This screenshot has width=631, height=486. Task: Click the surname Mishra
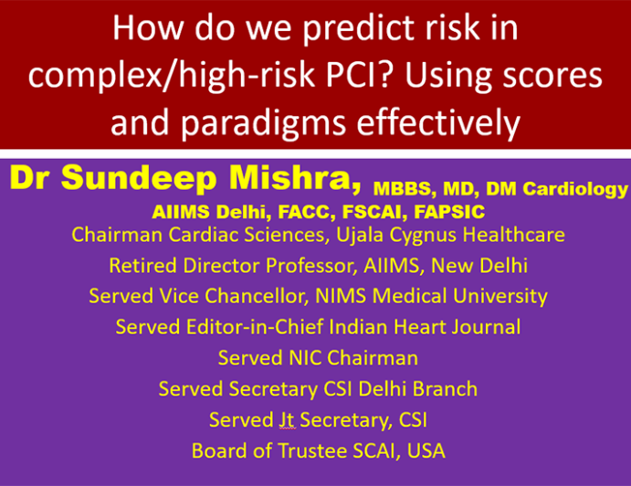(295, 179)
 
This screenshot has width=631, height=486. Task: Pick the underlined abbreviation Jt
(288, 419)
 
